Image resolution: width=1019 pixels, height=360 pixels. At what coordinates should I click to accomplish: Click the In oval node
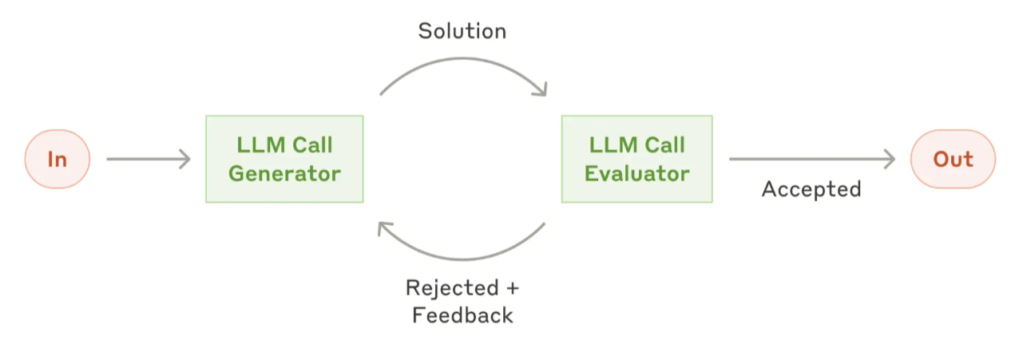click(57, 159)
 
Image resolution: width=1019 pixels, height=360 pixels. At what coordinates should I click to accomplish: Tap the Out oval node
click(953, 159)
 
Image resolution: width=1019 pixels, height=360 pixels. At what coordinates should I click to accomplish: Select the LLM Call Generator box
click(284, 159)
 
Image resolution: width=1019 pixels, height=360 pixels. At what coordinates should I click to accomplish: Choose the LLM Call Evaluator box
click(637, 159)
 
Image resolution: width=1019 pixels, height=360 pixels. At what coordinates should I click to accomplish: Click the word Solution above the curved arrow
click(462, 31)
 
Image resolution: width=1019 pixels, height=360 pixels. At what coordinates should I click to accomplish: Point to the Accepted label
click(811, 189)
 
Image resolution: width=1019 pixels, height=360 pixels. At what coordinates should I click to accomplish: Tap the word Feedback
click(462, 315)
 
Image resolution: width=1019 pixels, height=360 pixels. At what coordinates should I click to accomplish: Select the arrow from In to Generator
click(149, 159)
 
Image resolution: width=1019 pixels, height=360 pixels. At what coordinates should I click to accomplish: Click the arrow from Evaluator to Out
click(812, 159)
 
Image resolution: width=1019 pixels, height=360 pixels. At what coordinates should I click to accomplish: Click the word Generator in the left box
click(284, 174)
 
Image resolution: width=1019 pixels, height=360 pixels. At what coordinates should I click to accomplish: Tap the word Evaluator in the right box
click(637, 174)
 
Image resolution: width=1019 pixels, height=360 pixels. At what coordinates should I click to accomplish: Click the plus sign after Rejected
click(512, 288)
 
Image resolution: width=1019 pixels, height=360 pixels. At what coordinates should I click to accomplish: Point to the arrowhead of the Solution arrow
click(541, 90)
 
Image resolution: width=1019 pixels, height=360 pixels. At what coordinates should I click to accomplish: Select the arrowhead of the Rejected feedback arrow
click(383, 227)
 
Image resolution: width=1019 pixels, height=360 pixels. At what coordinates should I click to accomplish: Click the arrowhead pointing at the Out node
click(890, 159)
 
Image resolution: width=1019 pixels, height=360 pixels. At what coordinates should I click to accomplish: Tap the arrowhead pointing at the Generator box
click(185, 159)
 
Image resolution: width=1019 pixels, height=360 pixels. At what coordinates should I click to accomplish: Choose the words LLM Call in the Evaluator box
click(637, 145)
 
